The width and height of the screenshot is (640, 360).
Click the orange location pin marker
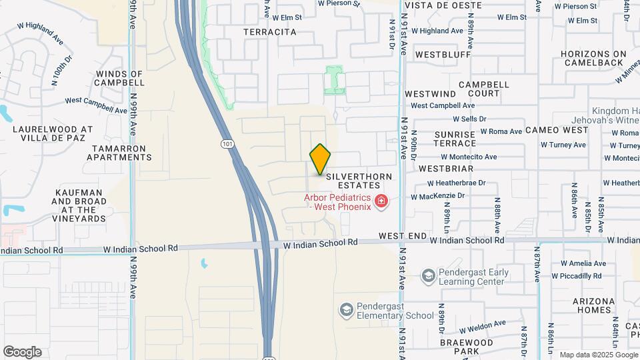[x=321, y=159]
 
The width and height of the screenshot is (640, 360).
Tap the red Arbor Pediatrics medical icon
[x=381, y=201]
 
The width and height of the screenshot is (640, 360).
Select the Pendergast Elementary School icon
[x=346, y=309]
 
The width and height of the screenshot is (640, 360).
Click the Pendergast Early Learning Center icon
[x=428, y=275]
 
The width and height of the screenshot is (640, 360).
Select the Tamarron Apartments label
[x=119, y=152]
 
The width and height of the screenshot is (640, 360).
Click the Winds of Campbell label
[x=120, y=78]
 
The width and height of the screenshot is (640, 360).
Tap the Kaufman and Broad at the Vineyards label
[x=79, y=205]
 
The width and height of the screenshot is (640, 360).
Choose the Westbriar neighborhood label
[x=446, y=169]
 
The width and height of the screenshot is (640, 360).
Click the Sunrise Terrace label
[x=455, y=139]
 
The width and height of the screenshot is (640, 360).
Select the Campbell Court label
[x=483, y=89]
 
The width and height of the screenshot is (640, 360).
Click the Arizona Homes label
[x=593, y=305]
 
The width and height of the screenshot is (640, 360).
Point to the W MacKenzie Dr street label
[x=437, y=196]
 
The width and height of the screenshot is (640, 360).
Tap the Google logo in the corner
[x=22, y=352]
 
